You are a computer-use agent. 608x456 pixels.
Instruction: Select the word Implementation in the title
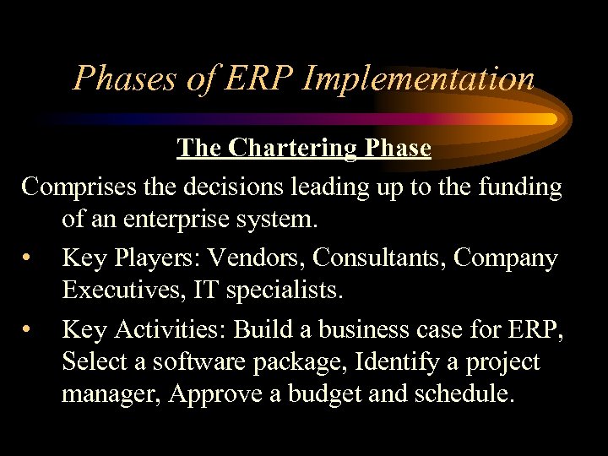pyautogui.click(x=418, y=79)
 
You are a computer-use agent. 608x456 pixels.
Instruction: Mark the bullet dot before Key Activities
pyautogui.click(x=29, y=328)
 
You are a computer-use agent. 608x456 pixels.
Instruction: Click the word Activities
pyautogui.click(x=166, y=328)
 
